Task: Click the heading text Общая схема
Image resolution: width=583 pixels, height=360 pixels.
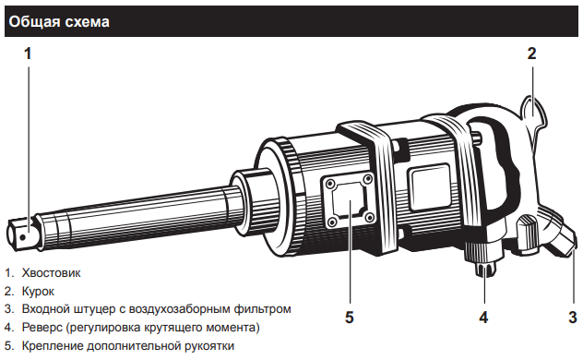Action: (59, 22)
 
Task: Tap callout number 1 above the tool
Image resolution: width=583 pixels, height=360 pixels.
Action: (28, 54)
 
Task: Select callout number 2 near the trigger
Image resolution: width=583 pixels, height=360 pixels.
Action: (531, 54)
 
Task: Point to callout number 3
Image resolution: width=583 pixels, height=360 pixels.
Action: (573, 318)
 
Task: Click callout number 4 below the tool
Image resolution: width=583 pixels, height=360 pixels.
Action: (483, 318)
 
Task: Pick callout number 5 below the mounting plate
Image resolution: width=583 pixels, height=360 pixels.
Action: (349, 318)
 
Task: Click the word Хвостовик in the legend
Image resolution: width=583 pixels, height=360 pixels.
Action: (52, 273)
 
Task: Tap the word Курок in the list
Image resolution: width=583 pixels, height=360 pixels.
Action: (38, 291)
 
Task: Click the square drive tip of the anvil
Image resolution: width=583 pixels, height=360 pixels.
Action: (21, 234)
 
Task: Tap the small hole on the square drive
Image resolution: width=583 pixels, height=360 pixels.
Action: (23, 237)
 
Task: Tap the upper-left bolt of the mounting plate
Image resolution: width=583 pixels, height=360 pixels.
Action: (329, 184)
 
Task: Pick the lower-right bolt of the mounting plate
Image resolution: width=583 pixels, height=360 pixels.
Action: (369, 217)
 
